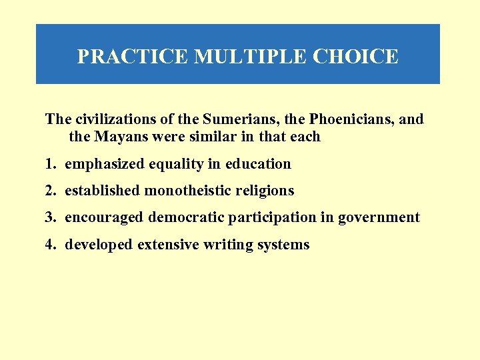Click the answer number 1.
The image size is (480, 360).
coord(49,164)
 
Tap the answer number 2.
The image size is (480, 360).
coord(49,191)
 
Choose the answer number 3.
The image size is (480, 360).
coord(49,217)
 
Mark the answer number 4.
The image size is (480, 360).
coord(49,245)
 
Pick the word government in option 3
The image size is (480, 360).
coord(379,217)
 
